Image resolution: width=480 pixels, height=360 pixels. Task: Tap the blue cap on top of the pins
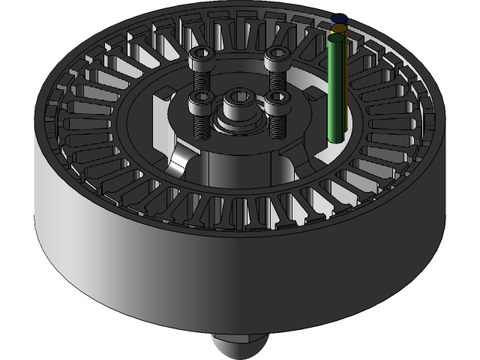coord(339,18)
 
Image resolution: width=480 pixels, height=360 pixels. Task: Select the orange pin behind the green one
coord(340,29)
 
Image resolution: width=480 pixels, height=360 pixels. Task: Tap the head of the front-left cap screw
coord(200,100)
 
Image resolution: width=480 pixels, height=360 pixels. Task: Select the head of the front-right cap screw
coord(277,100)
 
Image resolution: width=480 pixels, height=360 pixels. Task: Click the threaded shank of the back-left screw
coord(202,79)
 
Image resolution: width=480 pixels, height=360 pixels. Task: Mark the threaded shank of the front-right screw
coord(277,124)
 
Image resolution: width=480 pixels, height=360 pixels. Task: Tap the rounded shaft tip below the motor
coord(238,346)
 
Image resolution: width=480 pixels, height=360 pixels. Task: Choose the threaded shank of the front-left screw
coord(201,124)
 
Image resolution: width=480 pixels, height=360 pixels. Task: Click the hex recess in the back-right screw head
coord(277,52)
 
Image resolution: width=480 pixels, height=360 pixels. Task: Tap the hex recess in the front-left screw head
coord(200,97)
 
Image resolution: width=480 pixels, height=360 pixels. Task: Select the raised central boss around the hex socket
coord(239,112)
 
